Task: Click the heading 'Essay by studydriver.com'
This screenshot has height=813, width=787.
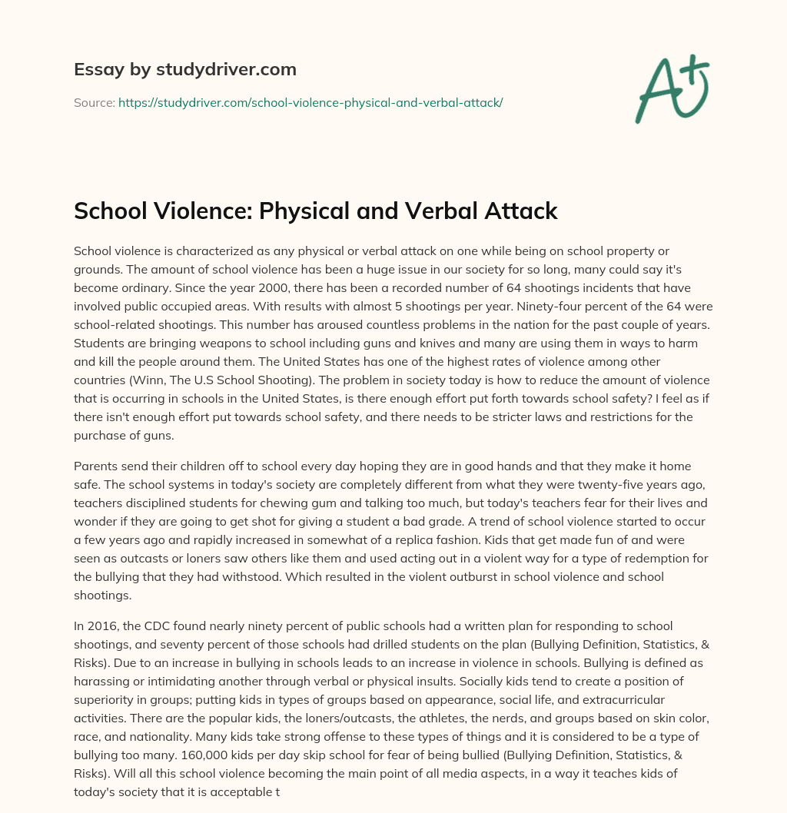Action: pos(184,69)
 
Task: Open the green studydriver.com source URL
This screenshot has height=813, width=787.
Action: pos(310,101)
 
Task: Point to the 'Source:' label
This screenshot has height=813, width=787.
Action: pos(94,101)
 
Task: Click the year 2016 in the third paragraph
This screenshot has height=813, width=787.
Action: pos(99,626)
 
